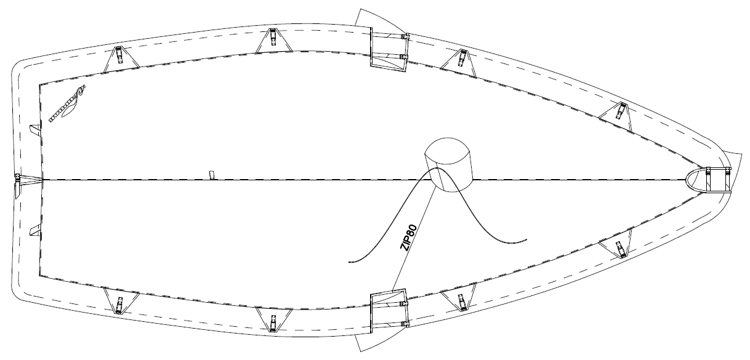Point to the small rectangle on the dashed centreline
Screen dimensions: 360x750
point(211,175)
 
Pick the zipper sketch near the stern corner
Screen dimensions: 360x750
point(67,105)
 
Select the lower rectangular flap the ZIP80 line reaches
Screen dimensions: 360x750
point(387,311)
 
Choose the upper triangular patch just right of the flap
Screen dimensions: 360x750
point(460,58)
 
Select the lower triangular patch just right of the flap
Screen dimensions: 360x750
point(460,300)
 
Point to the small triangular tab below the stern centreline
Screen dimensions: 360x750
point(35,230)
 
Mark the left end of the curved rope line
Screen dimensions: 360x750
point(350,262)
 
